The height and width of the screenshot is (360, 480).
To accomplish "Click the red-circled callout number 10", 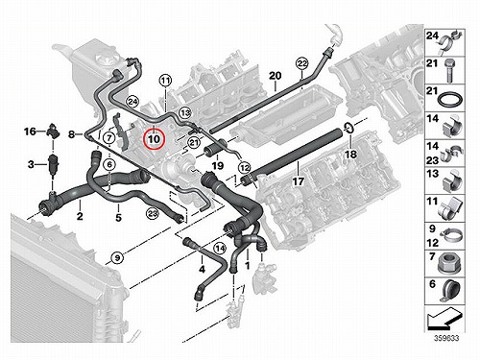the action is click(x=154, y=139).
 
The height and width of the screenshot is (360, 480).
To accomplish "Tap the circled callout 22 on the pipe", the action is click(x=301, y=64).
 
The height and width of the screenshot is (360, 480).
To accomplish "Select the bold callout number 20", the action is click(x=275, y=76).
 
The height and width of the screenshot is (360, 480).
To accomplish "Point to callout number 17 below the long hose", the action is click(x=299, y=181).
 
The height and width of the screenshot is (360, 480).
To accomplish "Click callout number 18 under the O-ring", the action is click(x=350, y=155).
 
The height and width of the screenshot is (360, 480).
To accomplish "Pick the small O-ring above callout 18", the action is click(x=348, y=128).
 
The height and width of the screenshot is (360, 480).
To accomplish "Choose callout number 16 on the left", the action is click(x=30, y=132).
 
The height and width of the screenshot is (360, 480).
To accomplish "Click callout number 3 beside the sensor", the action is click(x=31, y=165).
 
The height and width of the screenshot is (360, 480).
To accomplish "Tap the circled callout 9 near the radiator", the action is click(x=117, y=257).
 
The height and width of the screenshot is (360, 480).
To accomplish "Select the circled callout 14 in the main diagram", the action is click(x=220, y=248).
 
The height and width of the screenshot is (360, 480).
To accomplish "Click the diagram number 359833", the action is click(x=446, y=338).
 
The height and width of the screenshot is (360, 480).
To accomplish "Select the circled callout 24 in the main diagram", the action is click(x=132, y=102).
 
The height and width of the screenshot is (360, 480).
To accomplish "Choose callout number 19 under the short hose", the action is click(x=217, y=166).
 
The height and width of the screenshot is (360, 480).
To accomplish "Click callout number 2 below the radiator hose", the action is click(x=80, y=216).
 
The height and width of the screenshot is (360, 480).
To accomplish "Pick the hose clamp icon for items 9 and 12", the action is click(x=450, y=236).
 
